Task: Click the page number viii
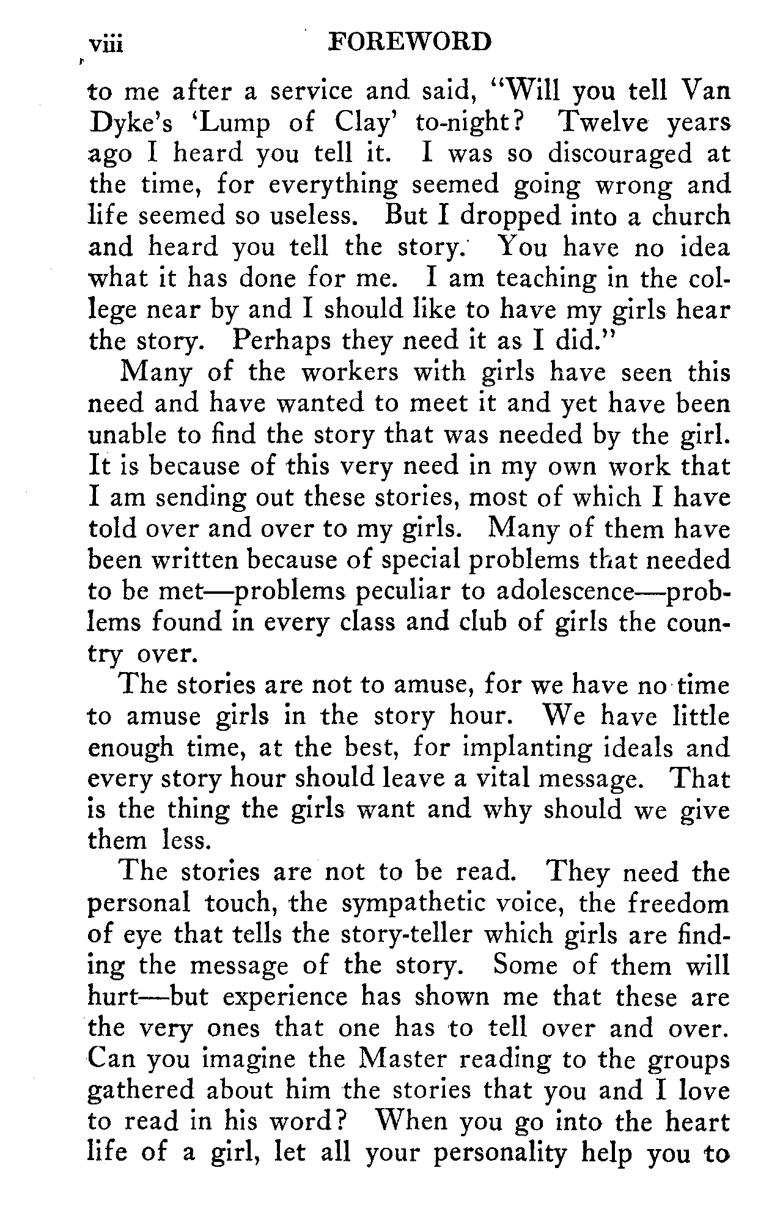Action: coord(106,45)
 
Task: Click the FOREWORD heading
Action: coord(410,42)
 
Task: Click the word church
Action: coord(690,216)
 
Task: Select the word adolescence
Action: coord(563,591)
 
